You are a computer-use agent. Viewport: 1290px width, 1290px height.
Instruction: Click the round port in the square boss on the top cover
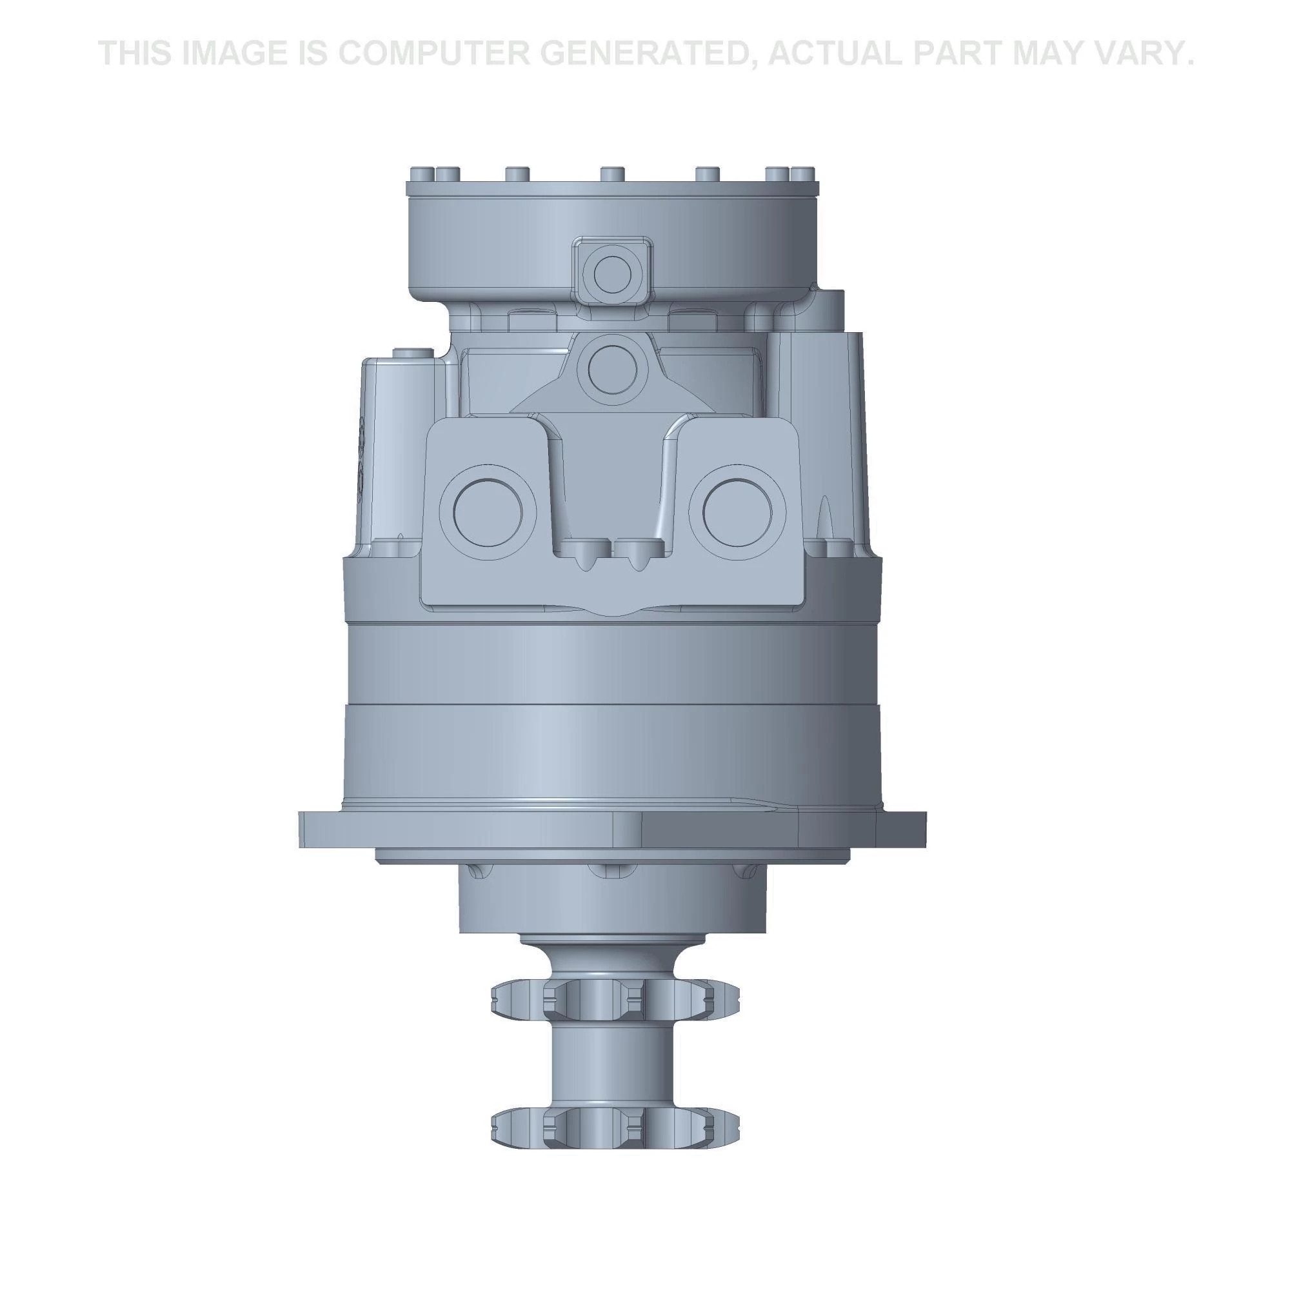point(611,272)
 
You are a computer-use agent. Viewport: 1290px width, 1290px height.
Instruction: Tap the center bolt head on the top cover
point(611,174)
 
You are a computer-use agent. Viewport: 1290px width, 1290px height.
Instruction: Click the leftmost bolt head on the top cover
point(420,174)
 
